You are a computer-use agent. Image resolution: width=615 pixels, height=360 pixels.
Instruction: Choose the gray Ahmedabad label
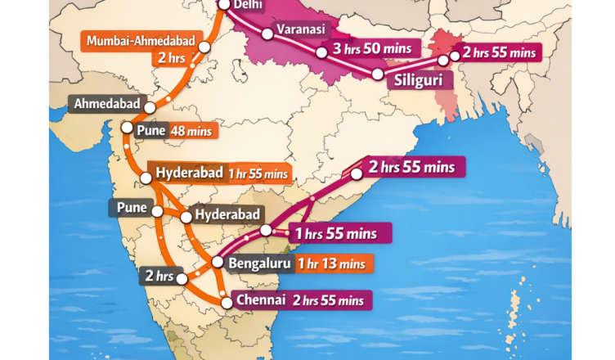point(107,104)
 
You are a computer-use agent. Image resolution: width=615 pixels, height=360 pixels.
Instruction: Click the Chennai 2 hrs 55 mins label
point(303,299)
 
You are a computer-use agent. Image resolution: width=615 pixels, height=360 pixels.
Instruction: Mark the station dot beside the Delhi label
point(223,4)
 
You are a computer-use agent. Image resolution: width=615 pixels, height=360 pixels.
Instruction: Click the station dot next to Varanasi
point(267,34)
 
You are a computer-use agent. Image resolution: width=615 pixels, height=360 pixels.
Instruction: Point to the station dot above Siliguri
point(377,74)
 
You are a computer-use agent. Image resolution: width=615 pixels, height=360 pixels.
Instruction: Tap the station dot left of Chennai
point(224,300)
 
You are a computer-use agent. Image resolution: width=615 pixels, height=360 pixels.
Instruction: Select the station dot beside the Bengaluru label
point(217,263)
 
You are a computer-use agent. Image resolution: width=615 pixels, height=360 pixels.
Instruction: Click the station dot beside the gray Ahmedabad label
point(150,106)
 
